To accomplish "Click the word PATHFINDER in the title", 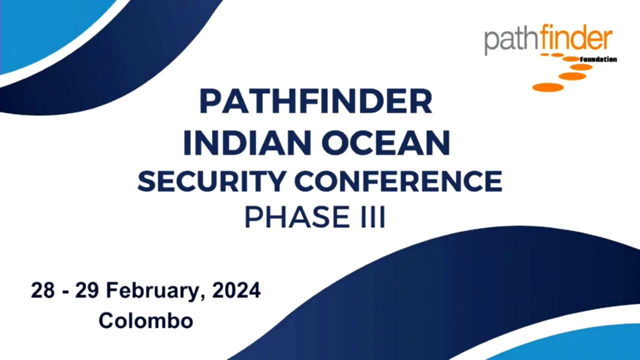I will coord(315,101).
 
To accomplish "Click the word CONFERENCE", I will coord(397,181).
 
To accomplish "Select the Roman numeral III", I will coord(373,217).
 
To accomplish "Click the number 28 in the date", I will coord(42,290).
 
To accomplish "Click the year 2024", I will coord(236,290).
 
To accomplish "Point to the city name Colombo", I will coord(145,320).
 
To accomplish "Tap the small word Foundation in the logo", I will coord(598,59).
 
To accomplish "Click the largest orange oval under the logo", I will coord(548,87).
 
